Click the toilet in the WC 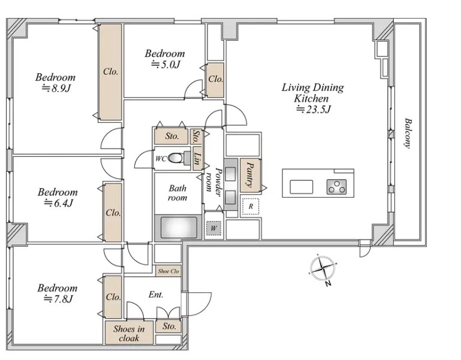(179, 158)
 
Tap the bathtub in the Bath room (179, 228)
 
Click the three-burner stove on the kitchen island (336, 187)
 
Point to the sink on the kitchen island (302, 187)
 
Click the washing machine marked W (213, 228)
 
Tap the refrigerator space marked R (251, 206)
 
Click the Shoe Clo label (168, 271)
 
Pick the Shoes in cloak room (129, 332)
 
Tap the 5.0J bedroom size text (165, 64)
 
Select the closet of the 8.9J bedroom (110, 72)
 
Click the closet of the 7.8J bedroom (113, 297)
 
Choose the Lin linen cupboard (198, 158)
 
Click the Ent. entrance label (156, 295)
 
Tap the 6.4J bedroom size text (58, 203)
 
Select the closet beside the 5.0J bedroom (215, 79)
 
